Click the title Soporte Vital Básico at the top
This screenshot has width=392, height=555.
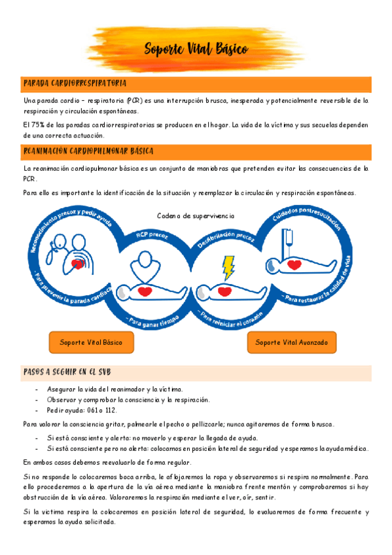pos(195,50)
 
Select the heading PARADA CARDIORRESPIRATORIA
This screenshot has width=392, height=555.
pos(75,84)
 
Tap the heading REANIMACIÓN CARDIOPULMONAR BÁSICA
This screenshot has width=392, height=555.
pos(88,152)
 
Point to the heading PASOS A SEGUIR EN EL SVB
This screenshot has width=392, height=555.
pos(67,372)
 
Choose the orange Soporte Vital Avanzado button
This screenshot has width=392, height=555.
pos(295,342)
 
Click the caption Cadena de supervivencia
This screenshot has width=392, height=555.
pos(196,216)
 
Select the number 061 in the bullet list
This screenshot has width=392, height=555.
pos(91,410)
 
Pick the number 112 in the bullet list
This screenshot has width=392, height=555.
pos(110,410)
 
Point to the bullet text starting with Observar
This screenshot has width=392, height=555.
pos(128,399)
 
